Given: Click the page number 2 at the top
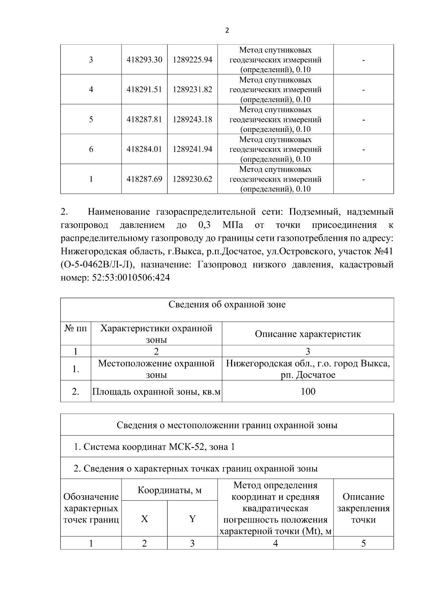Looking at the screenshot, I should pos(227,30).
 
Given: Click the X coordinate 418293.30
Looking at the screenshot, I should pos(144,60).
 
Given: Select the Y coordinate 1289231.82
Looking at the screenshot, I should pos(192,89).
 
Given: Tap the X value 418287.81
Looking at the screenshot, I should pos(144,120).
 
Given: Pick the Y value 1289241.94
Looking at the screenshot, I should pos(192,149).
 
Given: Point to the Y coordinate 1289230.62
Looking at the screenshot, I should pos(192,179).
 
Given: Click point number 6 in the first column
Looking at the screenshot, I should pos(91,149).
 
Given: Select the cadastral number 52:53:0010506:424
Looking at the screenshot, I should pos(131,278).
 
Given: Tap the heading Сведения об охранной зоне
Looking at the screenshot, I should pos(227,304).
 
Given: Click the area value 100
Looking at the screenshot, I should pos(308,391).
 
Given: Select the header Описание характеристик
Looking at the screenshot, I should pos(308,334).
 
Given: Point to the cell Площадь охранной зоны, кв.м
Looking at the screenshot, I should pos(156,392).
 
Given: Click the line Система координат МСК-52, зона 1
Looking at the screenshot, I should pos(154,447).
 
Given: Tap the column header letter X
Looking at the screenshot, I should pos(144,519).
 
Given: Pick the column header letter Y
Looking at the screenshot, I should pos(192,519).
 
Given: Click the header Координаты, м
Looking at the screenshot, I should pos(169,490).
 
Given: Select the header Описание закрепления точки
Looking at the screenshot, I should pos(363,508).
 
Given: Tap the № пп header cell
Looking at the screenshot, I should pos(76,329).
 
